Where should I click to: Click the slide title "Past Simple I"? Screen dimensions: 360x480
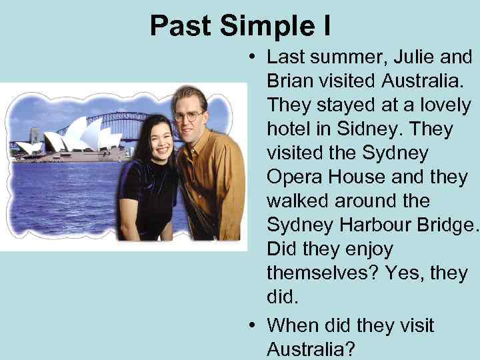pyautogui.click(x=240, y=25)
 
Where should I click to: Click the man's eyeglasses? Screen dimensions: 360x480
pyautogui.click(x=188, y=115)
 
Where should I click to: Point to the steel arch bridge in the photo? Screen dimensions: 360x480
pyautogui.click(x=120, y=123)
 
